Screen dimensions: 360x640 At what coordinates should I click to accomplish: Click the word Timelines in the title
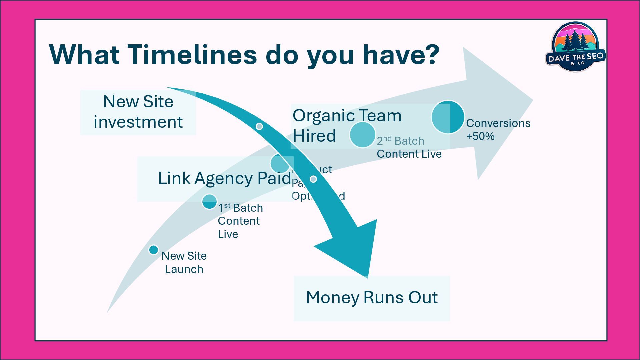click(x=192, y=54)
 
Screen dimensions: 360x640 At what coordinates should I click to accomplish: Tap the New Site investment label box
click(x=138, y=112)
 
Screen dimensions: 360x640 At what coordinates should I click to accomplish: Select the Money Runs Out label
click(x=372, y=298)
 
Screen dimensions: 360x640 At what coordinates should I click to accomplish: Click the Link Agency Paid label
click(x=224, y=178)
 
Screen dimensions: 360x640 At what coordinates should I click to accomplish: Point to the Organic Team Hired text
click(x=347, y=126)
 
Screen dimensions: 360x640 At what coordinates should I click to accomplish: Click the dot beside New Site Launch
click(x=153, y=250)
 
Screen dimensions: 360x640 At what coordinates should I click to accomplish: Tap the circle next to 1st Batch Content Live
click(x=210, y=202)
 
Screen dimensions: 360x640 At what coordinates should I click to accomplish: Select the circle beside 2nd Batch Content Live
click(x=362, y=135)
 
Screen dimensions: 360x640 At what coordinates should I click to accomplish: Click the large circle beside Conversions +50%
click(x=448, y=117)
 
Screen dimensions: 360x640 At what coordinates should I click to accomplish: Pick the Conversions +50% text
click(x=498, y=130)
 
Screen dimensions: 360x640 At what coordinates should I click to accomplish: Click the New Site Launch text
click(x=184, y=263)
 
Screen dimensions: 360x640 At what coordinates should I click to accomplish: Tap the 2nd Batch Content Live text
click(x=409, y=147)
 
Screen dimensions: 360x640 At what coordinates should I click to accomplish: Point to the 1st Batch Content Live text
click(x=240, y=221)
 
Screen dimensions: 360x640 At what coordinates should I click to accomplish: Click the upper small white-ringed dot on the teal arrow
click(x=259, y=126)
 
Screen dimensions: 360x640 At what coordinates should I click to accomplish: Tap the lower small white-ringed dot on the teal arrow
click(x=313, y=179)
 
